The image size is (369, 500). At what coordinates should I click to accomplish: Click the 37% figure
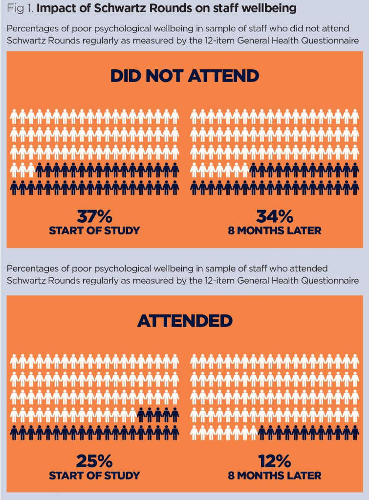coord(94,216)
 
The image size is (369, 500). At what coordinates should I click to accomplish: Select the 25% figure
coord(94,460)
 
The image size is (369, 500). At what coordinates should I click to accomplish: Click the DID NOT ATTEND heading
coord(184,76)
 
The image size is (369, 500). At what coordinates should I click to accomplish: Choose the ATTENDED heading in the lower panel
coord(184,320)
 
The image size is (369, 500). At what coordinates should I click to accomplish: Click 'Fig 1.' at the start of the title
coord(18,8)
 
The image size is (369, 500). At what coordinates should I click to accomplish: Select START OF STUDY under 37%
coord(94,230)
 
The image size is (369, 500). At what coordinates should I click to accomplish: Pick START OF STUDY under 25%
coord(94,475)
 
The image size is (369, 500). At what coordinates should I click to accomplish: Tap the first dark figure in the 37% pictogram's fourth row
coord(40,169)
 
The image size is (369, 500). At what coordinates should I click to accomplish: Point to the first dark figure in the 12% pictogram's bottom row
coord(261,432)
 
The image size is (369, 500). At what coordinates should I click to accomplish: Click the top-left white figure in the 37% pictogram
coord(14,116)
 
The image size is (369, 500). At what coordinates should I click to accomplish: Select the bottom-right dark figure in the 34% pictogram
coord(355,187)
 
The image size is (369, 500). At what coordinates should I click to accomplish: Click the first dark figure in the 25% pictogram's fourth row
coord(141,414)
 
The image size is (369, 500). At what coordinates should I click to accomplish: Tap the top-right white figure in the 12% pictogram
coord(355,361)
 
